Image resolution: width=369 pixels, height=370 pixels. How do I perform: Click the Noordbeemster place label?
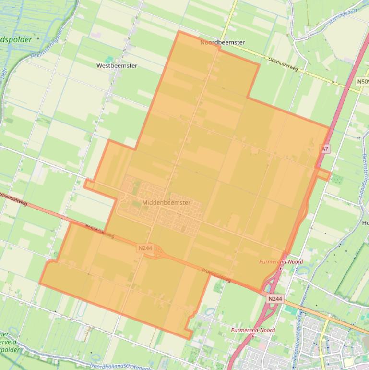pyautogui.click(x=222, y=42)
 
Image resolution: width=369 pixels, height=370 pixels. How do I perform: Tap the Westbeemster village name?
pyautogui.click(x=117, y=65)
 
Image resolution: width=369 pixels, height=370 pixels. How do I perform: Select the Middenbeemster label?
pyautogui.click(x=166, y=203)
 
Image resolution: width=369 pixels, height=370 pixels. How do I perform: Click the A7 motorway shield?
pyautogui.click(x=325, y=149)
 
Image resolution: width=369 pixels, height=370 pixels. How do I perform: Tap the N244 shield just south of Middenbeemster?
pyautogui.click(x=145, y=248)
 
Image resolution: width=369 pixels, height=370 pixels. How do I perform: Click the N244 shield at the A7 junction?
pyautogui.click(x=275, y=299)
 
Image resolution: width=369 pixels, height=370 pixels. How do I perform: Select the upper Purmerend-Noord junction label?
pyautogui.click(x=281, y=262)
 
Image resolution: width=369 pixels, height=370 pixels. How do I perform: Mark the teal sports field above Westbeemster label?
pyautogui.click(x=110, y=59)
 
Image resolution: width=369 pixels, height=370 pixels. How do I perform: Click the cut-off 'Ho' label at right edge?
pyautogui.click(x=364, y=223)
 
